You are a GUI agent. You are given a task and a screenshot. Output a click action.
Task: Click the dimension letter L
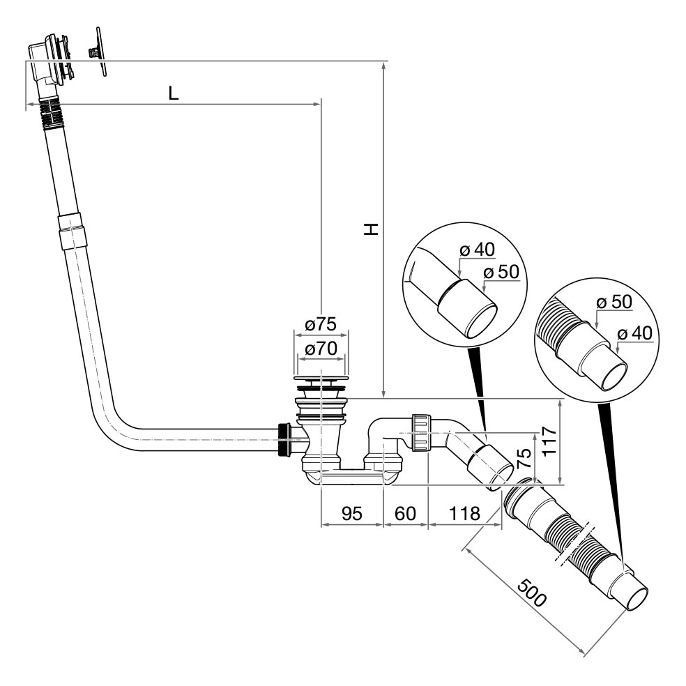tap(174, 93)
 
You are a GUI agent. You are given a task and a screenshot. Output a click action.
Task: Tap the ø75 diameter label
tap(321, 323)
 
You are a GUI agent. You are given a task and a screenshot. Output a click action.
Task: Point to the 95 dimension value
tap(351, 514)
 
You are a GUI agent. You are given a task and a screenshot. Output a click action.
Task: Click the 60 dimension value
tap(406, 514)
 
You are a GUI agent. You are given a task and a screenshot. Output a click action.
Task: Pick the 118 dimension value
tap(464, 514)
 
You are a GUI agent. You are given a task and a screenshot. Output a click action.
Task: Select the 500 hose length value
tap(531, 593)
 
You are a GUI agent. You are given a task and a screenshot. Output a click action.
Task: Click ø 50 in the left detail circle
tap(501, 272)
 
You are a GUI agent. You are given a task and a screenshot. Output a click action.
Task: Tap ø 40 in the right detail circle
tap(634, 333)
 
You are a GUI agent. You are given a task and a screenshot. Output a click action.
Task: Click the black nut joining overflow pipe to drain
tap(284, 439)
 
